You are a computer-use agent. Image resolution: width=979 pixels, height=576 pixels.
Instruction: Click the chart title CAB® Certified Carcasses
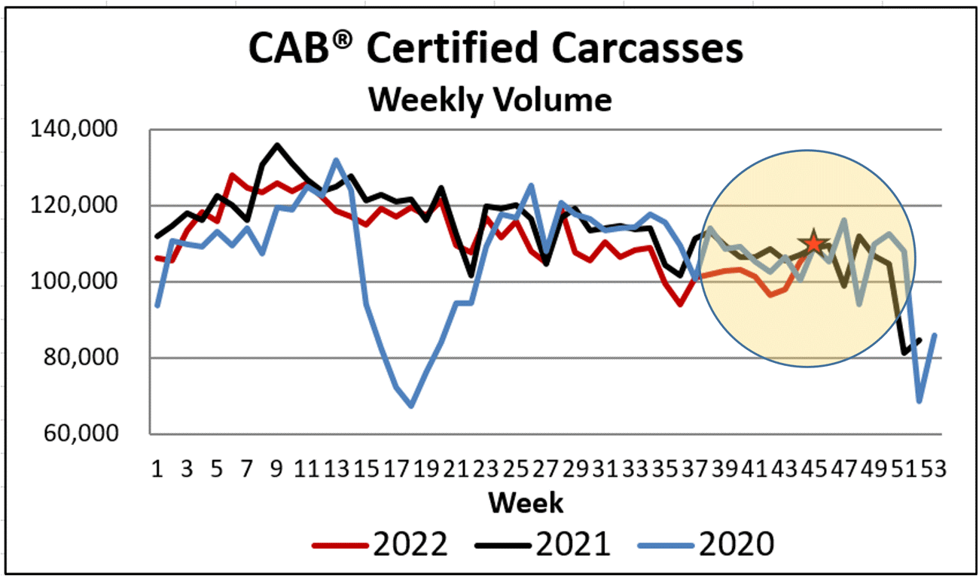[x=495, y=49]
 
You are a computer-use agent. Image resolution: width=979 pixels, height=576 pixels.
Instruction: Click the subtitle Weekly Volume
[x=489, y=99]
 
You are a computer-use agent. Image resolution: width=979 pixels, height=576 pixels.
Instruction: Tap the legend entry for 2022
[x=380, y=542]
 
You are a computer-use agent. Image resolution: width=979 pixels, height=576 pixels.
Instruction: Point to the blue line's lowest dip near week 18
[x=411, y=406]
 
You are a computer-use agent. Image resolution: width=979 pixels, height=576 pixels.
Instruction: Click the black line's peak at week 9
[x=277, y=145]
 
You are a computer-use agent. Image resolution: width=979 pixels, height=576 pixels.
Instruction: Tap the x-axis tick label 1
[x=157, y=469]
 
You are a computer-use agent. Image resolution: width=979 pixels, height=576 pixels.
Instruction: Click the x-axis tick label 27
[x=545, y=469]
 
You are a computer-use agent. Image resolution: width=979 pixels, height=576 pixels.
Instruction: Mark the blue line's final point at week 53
[x=935, y=335]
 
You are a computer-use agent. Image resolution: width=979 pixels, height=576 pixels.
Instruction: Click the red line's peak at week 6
[x=232, y=175]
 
